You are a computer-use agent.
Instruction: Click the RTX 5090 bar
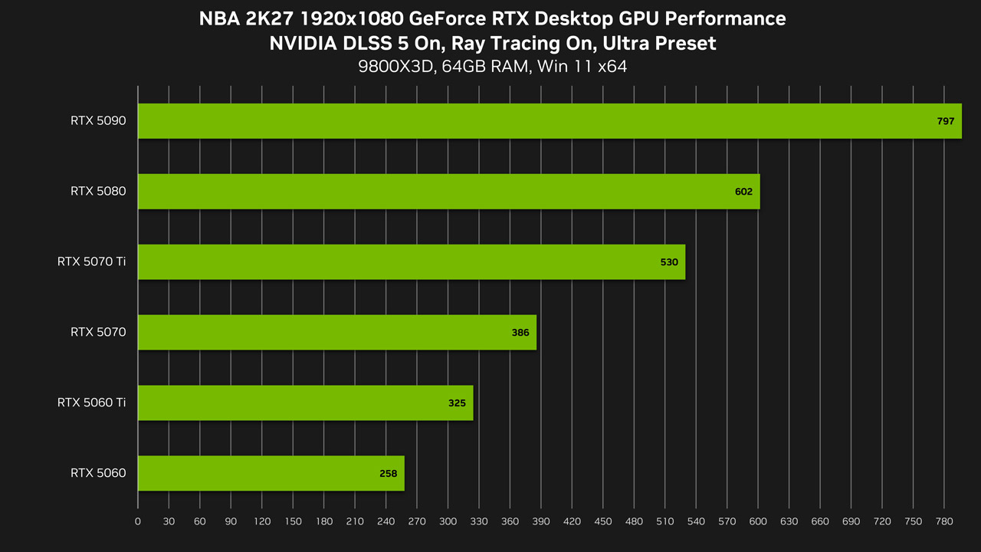pos(550,121)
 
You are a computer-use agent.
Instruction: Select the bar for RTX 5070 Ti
pos(412,262)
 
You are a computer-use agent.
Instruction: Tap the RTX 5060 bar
pos(271,473)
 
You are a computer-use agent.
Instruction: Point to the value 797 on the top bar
pos(946,121)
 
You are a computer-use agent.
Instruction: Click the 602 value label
pos(743,192)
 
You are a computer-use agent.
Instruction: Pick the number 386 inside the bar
pos(520,333)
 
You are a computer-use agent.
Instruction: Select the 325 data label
pos(457,403)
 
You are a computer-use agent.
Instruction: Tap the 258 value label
pos(388,474)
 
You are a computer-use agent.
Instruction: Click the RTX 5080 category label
pos(98,191)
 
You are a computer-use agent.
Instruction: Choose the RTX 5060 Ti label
pos(91,402)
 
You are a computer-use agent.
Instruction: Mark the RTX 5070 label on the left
pos(98,332)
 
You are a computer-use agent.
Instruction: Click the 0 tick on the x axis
pos(138,521)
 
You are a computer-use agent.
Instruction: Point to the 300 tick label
pos(448,521)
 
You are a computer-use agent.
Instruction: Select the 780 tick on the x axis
pos(943,521)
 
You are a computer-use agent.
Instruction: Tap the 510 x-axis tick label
pos(664,521)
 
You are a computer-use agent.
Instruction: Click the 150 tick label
pos(293,521)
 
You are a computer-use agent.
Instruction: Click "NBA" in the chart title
pos(219,19)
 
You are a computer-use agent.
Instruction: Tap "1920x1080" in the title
pos(352,19)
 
